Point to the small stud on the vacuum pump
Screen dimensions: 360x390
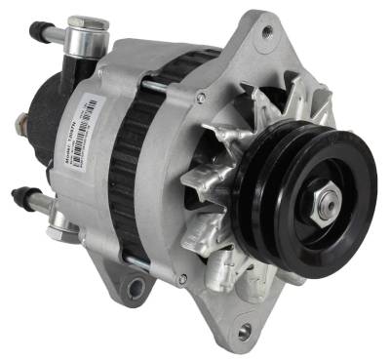(x=21, y=123)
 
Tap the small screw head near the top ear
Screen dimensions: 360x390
(x=201, y=97)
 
